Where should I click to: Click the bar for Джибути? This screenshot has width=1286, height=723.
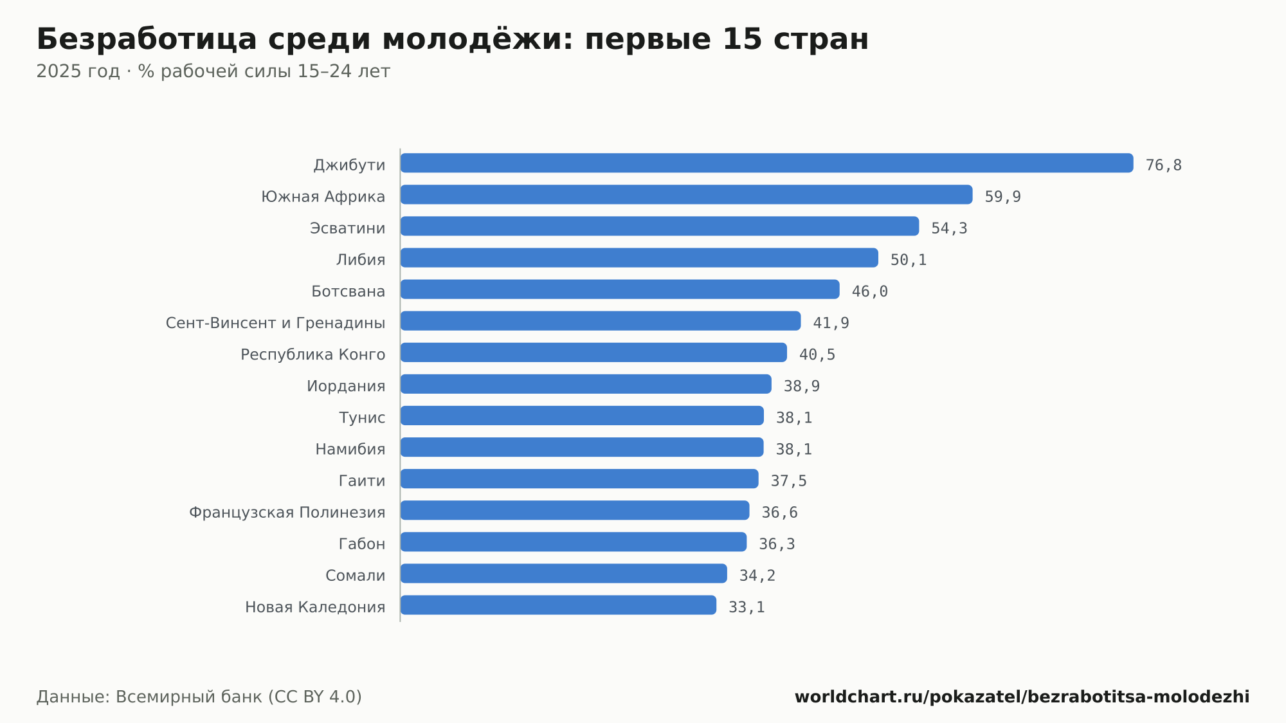[766, 163]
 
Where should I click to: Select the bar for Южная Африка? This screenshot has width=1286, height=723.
[686, 194]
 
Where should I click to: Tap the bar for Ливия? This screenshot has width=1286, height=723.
[639, 257]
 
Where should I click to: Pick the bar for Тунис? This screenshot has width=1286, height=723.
[582, 416]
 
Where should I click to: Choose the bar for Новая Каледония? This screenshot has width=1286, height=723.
[558, 605]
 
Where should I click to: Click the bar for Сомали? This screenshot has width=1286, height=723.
[563, 573]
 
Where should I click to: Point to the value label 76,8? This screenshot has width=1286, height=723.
[1163, 165]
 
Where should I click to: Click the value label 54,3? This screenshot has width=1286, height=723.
[949, 228]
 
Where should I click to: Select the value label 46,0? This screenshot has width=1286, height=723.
[869, 291]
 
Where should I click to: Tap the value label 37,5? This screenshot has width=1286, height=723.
[788, 480]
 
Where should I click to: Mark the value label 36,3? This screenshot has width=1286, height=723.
[777, 544]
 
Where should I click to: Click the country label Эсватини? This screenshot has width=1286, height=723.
[347, 228]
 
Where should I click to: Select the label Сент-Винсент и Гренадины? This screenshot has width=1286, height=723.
[275, 323]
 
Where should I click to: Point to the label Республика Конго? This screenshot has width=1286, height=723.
[312, 354]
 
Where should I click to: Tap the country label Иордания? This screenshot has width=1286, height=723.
[346, 386]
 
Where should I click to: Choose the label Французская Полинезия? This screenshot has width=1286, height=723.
[287, 513]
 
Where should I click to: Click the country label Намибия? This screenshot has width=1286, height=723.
[350, 449]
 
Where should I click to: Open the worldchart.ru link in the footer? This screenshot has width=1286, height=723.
[1022, 697]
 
